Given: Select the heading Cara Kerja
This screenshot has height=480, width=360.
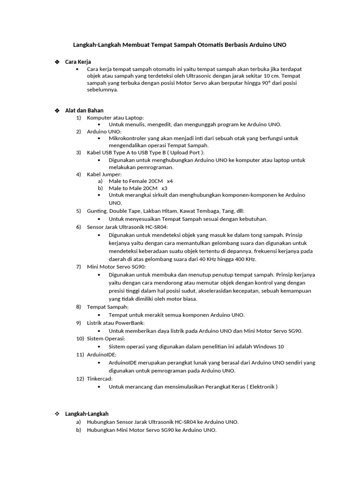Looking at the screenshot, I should tap(78, 62).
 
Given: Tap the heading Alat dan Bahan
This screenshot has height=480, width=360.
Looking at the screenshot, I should tap(84, 110).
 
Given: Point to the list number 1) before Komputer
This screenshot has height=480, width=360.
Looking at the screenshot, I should tap(79, 118).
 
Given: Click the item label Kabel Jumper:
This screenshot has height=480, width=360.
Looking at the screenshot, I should tap(104, 174).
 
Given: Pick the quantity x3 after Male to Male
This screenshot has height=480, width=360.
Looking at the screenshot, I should tap(164, 188).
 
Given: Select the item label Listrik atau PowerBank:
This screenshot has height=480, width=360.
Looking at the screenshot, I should tap(116, 322).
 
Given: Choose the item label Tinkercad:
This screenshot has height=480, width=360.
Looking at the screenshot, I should tap(100, 378).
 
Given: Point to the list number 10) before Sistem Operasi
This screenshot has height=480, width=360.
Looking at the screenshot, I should tap(80, 338).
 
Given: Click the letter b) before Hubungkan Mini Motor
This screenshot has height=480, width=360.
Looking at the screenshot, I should tap(78, 430).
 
